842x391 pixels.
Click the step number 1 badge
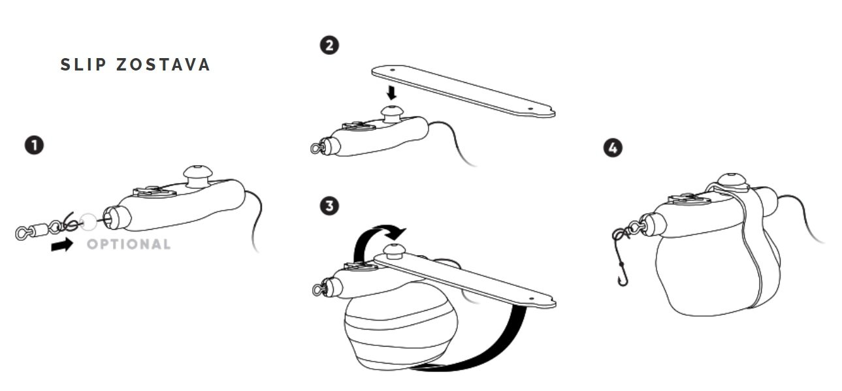point(34,146)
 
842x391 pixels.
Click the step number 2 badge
point(329,46)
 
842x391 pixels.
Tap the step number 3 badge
point(329,206)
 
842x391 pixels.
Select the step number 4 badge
point(613,148)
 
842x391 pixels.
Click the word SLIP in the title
point(84,65)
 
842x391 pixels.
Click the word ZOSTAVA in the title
point(163,65)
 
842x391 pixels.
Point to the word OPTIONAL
point(129,244)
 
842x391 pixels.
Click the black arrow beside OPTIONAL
point(62,245)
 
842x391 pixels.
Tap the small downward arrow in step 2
point(392,93)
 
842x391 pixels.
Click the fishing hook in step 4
point(620,263)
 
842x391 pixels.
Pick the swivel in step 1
point(39,229)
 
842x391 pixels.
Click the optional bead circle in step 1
point(88,221)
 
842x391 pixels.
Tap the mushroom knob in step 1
point(198,176)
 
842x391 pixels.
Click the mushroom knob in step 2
point(392,114)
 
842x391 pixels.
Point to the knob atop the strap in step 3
point(393,251)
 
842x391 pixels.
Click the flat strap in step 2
point(464,91)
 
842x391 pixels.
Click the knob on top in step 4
point(731,181)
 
